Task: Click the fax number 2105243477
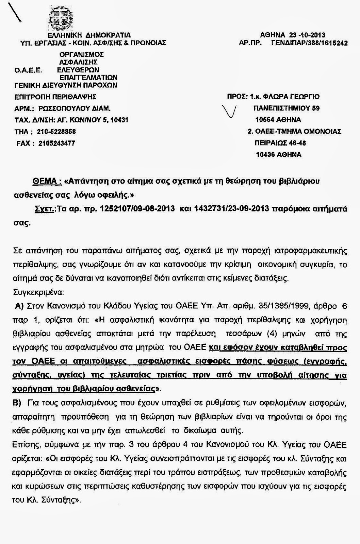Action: pos(57,143)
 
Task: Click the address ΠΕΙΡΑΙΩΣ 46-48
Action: pos(280,143)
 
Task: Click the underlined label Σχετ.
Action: pos(45,209)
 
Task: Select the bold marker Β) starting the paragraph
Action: pos(17,403)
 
